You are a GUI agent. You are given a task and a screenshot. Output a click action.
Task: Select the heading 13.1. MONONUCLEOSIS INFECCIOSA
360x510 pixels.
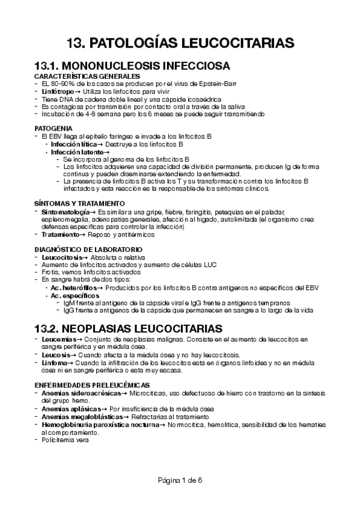tap(133, 66)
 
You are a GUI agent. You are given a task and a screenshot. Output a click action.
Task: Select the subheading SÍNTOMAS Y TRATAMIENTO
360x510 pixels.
tap(79, 203)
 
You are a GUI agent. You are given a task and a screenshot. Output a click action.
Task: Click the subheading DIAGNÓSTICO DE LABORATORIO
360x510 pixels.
tap(88, 249)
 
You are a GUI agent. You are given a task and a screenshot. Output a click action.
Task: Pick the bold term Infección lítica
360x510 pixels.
tap(75, 144)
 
